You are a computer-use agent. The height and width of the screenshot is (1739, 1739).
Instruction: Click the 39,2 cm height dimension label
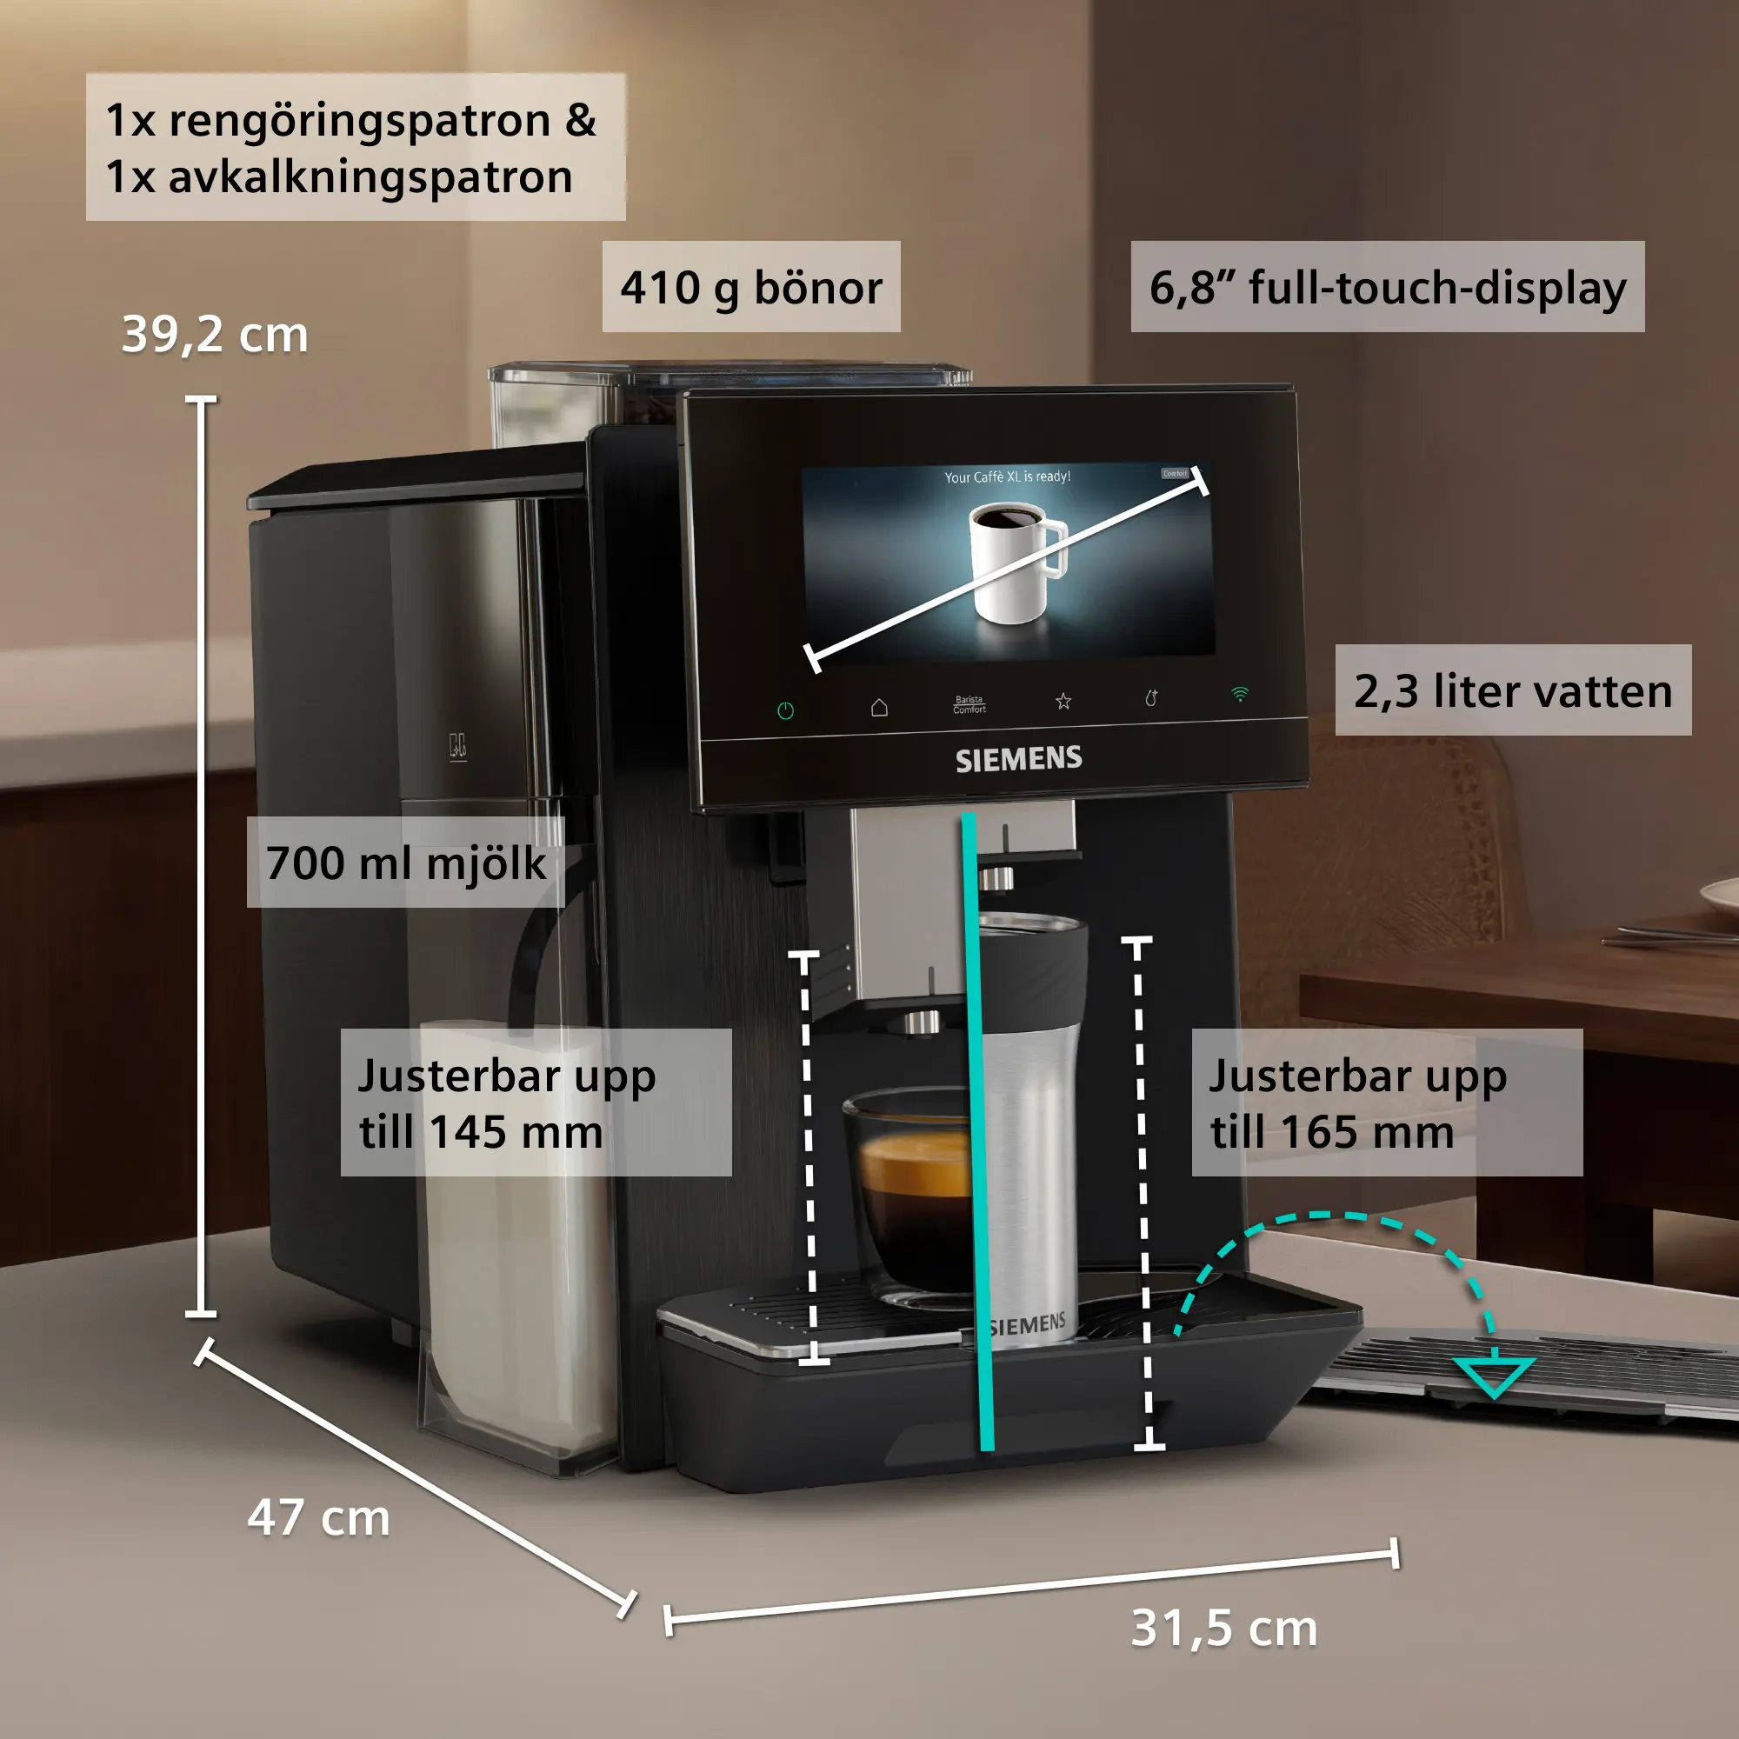point(215,335)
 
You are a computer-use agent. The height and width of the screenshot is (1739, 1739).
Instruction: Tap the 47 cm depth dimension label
point(318,1517)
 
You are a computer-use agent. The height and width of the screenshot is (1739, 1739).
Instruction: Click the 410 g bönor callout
point(750,287)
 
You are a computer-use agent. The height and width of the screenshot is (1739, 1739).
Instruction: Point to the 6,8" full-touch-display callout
point(1387,287)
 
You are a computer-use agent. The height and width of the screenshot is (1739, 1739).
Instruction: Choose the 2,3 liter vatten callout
point(1513,690)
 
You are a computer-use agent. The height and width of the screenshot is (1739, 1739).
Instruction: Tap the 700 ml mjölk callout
point(406,863)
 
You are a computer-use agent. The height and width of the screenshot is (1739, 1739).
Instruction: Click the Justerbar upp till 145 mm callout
point(536,1103)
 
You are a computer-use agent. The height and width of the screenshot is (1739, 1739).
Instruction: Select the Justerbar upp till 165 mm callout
point(1387,1103)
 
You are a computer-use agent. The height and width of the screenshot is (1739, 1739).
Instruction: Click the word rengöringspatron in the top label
point(359,122)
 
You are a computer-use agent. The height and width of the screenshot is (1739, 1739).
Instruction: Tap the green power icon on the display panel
point(785,711)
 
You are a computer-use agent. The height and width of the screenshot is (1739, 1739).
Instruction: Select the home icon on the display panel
point(879,708)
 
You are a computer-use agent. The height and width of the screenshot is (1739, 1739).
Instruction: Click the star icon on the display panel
point(1063,700)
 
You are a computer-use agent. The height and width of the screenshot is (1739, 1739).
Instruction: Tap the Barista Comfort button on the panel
point(969,704)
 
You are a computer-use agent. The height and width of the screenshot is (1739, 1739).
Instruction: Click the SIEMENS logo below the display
point(1018,760)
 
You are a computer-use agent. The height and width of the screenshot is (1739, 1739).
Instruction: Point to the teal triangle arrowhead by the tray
point(1493,1375)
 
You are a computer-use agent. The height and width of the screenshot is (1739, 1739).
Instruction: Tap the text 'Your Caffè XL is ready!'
point(1007,476)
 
